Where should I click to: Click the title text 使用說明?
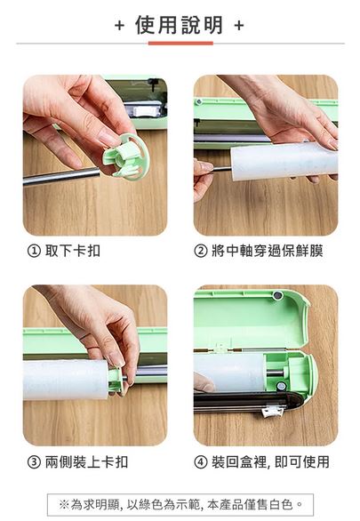coord(179,25)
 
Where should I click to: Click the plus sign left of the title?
coord(119,25)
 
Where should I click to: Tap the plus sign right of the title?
coord(239,25)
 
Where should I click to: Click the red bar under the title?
coord(180,44)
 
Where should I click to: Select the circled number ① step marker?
coord(34,252)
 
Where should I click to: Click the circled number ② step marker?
coord(201,252)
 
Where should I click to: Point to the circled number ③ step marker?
coord(34,462)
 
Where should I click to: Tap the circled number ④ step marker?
coord(201,462)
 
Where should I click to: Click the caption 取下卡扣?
coord(72,251)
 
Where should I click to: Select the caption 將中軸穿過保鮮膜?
coord(268,251)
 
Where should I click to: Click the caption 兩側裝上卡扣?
coord(86,461)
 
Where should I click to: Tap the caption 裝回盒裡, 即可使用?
coord(270,461)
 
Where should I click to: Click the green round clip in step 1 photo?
coord(127,156)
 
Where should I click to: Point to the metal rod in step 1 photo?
coord(61,176)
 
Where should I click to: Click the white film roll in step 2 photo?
coord(284,161)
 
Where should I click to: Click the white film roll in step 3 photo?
coord(66,380)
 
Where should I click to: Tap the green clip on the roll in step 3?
coord(116,381)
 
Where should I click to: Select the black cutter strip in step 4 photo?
coord(247,402)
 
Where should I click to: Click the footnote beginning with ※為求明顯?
coord(180,505)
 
